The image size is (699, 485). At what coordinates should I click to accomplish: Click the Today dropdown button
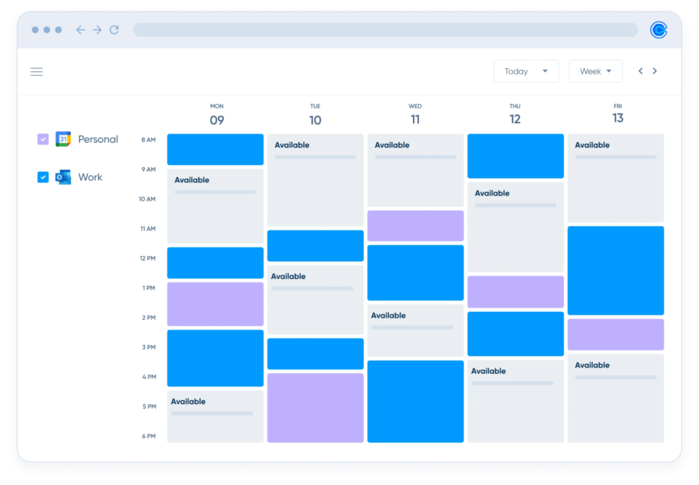pos(526,72)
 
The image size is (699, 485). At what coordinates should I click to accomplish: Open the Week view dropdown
pos(595,72)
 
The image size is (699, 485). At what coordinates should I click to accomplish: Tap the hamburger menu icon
pos(37,72)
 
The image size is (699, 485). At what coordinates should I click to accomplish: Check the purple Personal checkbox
pos(43,139)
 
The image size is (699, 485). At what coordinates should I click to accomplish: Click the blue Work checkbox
pos(43,177)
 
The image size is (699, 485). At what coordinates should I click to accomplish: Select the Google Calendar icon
pos(63,139)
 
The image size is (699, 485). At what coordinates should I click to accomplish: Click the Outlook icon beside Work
pos(63,177)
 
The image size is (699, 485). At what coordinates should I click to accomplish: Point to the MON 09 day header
pos(216,115)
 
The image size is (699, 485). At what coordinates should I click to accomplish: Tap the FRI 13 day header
pos(618,113)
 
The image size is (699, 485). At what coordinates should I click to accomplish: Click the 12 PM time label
pos(147,259)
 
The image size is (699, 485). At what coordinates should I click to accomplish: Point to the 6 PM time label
pos(148,437)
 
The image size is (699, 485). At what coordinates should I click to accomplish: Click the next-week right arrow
pos(655,71)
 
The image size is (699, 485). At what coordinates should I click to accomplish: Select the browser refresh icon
pos(114,30)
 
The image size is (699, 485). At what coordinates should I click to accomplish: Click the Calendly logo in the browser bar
pos(658,30)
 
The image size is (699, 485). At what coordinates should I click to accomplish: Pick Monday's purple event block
pos(215,304)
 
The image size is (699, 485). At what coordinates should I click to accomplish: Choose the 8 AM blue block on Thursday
pos(515,156)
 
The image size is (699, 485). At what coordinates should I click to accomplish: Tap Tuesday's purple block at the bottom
pos(315,407)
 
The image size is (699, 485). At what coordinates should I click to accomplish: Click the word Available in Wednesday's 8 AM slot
pos(392,145)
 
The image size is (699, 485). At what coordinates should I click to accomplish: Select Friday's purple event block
pos(616,334)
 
